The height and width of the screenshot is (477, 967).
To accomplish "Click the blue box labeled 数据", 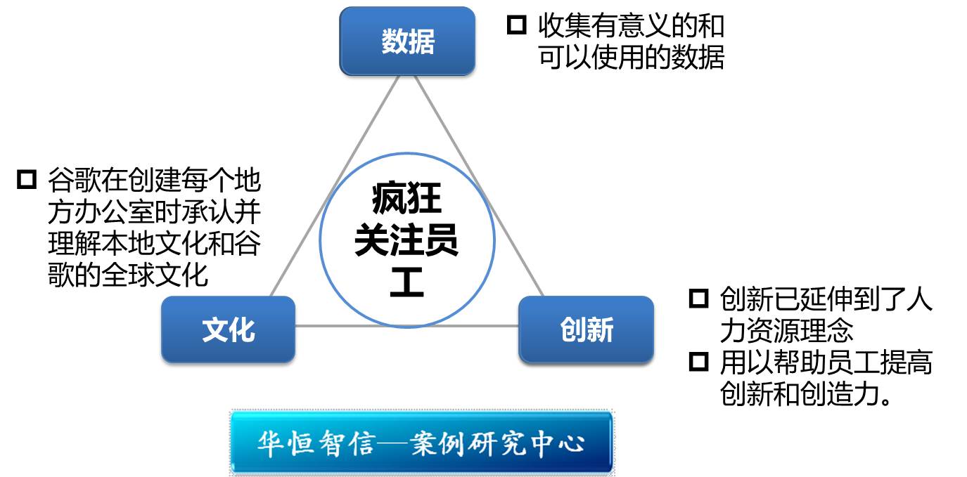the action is (x=407, y=41).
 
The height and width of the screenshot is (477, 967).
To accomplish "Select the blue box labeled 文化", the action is (x=229, y=329).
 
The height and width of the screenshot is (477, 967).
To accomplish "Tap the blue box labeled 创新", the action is (x=587, y=329).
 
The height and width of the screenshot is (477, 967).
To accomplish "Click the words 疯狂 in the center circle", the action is (x=406, y=198).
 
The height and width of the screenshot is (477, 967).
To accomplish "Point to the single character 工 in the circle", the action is (x=406, y=282).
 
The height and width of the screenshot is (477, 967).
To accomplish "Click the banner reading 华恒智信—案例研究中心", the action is (x=422, y=443).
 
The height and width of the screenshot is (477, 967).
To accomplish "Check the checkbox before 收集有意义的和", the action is (x=517, y=25).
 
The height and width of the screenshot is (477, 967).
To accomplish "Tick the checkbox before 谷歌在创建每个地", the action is (x=27, y=179).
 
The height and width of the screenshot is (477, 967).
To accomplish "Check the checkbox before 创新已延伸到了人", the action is (x=699, y=299).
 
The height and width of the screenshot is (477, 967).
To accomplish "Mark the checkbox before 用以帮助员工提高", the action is (x=699, y=361).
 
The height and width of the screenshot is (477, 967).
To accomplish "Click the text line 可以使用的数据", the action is (x=631, y=58).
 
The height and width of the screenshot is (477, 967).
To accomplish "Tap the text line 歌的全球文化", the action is (x=128, y=275).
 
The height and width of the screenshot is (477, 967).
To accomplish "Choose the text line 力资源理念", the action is (x=787, y=330).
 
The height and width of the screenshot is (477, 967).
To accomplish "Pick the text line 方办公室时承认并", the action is (x=154, y=211).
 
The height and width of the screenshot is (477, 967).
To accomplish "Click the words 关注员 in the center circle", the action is (x=406, y=240).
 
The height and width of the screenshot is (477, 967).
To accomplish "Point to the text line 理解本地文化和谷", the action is (x=154, y=243).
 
